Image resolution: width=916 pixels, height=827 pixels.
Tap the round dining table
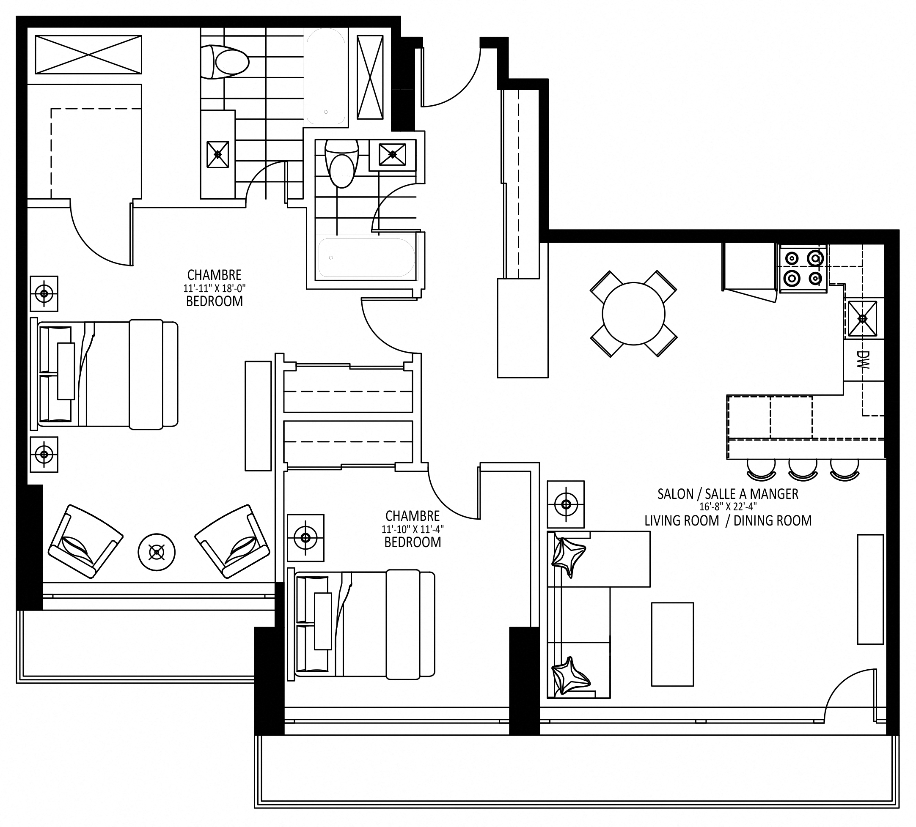(633, 314)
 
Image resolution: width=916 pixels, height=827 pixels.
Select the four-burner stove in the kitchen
(803, 268)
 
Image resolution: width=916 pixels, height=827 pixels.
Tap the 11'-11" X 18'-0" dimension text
(215, 288)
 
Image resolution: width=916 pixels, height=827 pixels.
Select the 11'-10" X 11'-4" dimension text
(413, 529)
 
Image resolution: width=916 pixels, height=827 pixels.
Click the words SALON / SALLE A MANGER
(728, 494)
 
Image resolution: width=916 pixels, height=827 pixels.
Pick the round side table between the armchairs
(157, 552)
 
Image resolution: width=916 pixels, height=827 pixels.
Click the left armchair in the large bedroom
(85, 541)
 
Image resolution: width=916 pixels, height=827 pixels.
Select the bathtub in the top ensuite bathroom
(326, 76)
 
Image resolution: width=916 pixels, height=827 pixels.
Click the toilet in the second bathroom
(342, 164)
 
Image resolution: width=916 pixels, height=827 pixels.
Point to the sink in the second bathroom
(393, 155)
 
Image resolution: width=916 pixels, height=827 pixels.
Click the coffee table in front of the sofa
(672, 644)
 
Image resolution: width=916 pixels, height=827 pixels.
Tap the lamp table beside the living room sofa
(566, 504)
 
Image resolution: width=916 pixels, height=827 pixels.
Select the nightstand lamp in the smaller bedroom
(306, 538)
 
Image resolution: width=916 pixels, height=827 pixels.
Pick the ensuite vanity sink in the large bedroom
(217, 154)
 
